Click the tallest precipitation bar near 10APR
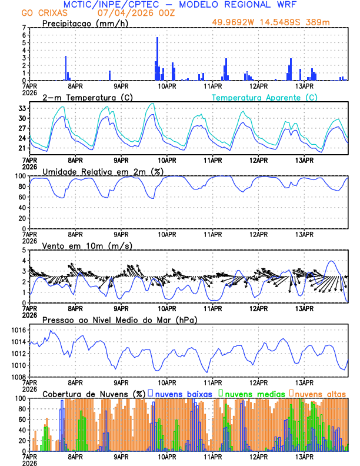pos(158,59)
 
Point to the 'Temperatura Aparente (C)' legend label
pos(265,98)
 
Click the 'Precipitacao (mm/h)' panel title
pos(84,24)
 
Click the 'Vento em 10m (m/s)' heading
pos(87,245)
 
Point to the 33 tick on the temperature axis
pos(23,109)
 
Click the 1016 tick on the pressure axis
pos(19,331)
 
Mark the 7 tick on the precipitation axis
pos(24,28)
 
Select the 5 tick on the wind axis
pos(24,250)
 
